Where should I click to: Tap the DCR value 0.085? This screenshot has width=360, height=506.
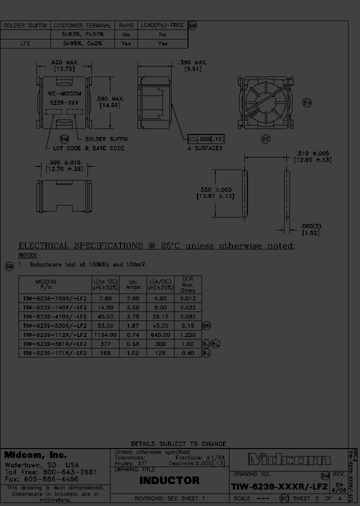pyautogui.click(x=188, y=316)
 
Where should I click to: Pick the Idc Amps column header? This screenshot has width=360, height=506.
pyautogui.click(x=132, y=285)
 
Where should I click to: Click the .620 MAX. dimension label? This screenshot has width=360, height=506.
pyautogui.click(x=64, y=62)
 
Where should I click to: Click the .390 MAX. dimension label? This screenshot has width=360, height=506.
pyautogui.click(x=193, y=63)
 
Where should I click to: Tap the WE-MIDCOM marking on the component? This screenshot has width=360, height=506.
pyautogui.click(x=63, y=93)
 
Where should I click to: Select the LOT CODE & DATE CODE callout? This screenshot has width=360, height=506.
pyautogui.click(x=89, y=148)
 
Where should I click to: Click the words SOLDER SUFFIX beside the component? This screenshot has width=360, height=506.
pyautogui.click(x=106, y=139)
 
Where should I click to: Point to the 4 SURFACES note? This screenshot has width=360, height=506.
pyautogui.click(x=205, y=148)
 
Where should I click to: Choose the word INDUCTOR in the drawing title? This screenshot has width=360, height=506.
pyautogui.click(x=169, y=481)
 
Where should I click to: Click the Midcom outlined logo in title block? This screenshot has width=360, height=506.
pyautogui.click(x=289, y=459)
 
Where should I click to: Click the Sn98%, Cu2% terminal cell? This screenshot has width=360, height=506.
pyautogui.click(x=76, y=43)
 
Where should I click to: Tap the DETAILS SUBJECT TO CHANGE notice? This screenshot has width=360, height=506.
pyautogui.click(x=178, y=443)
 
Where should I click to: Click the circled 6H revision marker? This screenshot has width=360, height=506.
pyautogui.click(x=307, y=103)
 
